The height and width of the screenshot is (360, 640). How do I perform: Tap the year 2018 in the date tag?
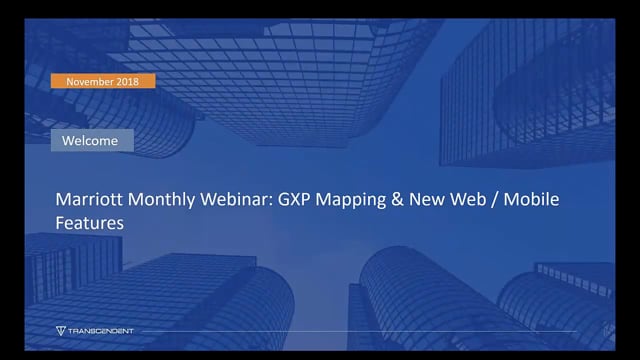pyautogui.click(x=134, y=81)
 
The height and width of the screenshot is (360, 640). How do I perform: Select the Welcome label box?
pyautogui.click(x=91, y=141)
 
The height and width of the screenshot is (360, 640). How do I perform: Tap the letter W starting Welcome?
pyautogui.click(x=68, y=141)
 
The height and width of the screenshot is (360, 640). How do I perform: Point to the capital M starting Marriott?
pyautogui.click(x=61, y=202)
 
